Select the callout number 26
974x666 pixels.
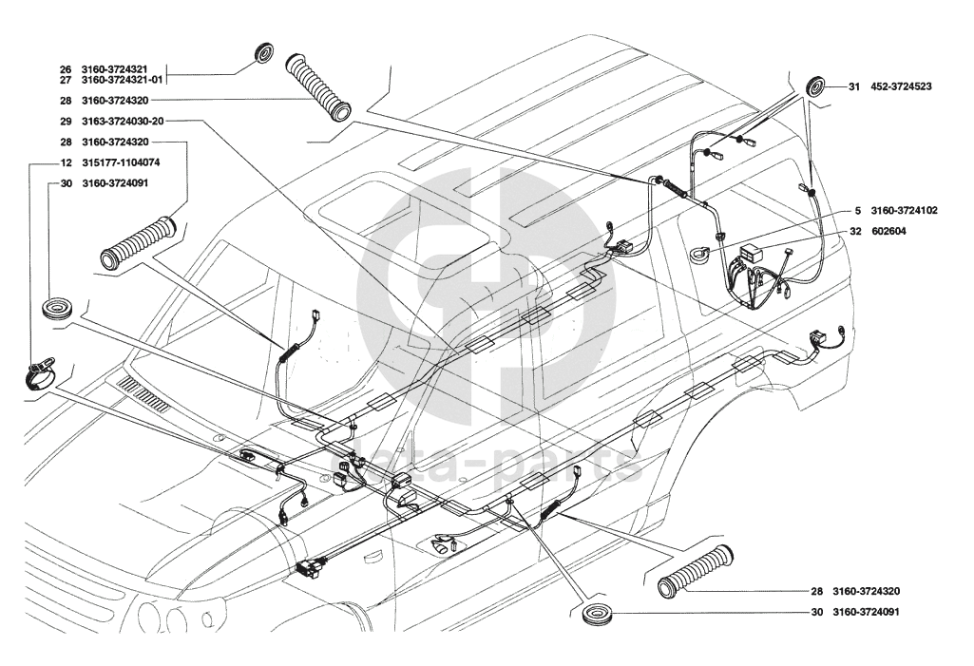66,69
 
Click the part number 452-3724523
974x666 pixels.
901,86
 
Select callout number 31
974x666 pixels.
854,86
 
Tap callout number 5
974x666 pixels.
856,210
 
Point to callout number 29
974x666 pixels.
66,122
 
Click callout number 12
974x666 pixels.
66,162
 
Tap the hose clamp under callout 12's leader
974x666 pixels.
40,372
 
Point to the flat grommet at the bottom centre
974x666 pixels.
597,612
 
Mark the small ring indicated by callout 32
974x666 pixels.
703,251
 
